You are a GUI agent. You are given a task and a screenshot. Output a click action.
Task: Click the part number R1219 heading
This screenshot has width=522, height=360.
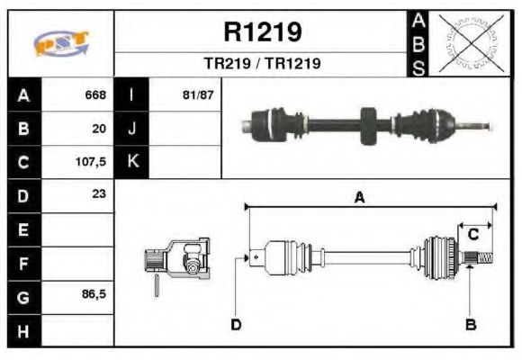(x=262, y=32)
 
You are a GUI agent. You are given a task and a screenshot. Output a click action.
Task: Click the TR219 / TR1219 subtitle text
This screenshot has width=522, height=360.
(x=262, y=65)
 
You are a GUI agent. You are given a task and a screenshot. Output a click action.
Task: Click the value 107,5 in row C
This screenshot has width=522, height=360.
(x=91, y=163)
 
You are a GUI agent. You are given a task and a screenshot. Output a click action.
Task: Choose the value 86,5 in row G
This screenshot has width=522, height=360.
(x=93, y=294)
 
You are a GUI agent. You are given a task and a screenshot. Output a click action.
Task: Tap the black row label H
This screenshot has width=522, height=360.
(x=23, y=330)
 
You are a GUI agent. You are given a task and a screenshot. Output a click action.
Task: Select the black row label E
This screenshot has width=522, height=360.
(x=23, y=229)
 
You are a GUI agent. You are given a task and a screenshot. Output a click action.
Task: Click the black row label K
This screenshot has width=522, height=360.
(x=132, y=162)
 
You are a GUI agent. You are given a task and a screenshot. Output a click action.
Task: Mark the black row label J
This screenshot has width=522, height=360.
(x=132, y=129)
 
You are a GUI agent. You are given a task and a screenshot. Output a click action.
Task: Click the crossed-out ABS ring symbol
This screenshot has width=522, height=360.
(x=471, y=43)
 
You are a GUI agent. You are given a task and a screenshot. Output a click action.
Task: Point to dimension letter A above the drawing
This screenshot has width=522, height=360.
(x=358, y=198)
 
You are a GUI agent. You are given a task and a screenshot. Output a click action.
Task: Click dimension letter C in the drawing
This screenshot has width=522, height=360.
(x=472, y=235)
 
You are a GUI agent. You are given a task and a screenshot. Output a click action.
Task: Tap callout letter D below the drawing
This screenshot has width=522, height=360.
(x=236, y=324)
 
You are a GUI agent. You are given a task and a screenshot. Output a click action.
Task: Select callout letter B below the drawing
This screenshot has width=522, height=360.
(x=470, y=324)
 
